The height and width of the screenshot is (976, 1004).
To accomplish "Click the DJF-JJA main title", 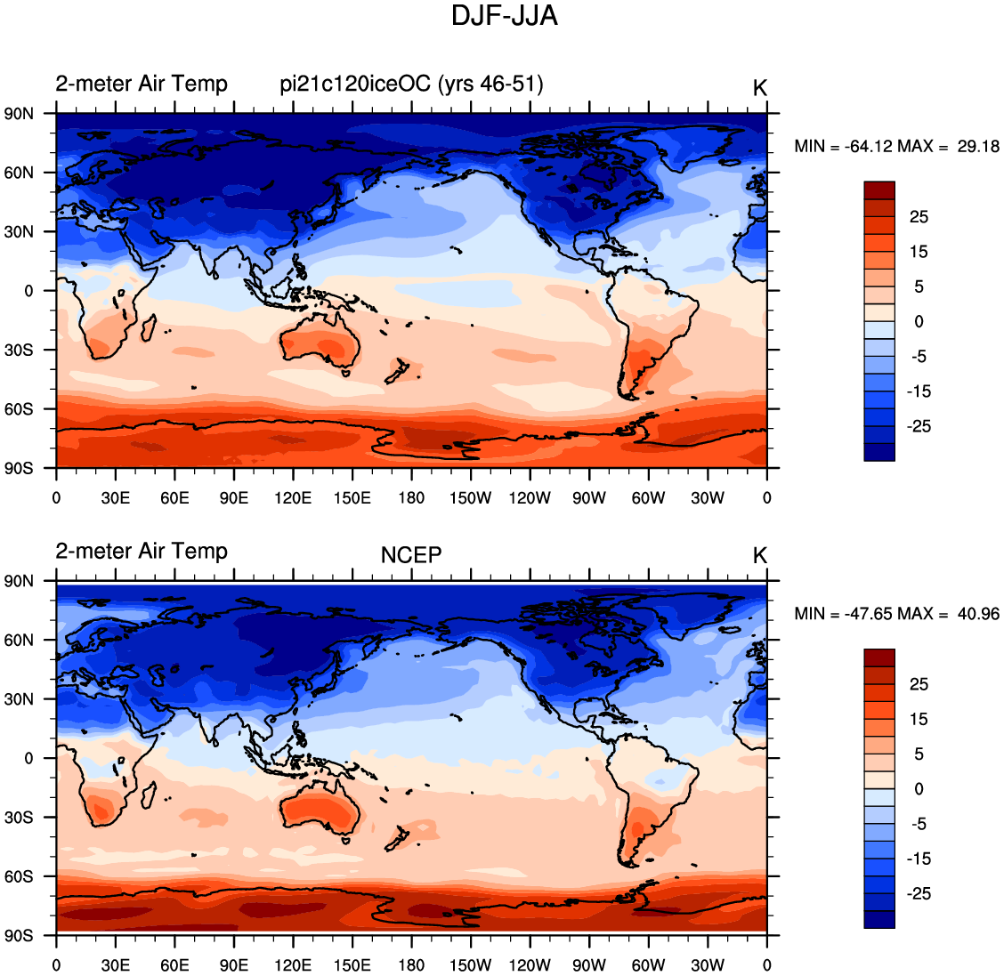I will (x=504, y=16).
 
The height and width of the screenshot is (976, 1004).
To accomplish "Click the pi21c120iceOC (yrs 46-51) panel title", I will (x=411, y=84).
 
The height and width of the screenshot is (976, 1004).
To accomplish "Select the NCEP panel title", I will (x=411, y=555).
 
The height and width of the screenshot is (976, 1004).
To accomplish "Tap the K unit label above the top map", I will (x=759, y=88).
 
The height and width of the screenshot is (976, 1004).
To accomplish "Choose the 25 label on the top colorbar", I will (x=919, y=217).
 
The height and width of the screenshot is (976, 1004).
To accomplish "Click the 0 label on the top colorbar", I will (x=919, y=322).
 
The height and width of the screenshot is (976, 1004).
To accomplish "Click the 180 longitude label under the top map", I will (x=411, y=498).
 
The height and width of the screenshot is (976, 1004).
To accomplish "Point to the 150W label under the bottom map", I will (x=470, y=965).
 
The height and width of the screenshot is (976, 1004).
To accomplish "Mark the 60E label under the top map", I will (x=174, y=498).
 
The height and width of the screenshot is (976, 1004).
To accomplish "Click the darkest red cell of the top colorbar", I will (x=878, y=190).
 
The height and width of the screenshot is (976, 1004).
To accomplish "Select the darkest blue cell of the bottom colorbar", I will (x=878, y=919).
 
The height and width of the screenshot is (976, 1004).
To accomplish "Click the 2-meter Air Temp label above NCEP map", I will (x=142, y=551).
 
